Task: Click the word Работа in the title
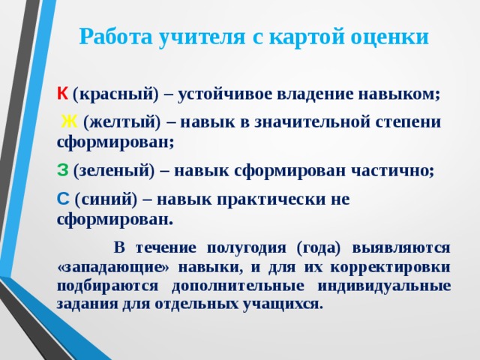(113, 37)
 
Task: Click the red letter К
(61, 94)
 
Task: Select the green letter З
(62, 170)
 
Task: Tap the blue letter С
(62, 199)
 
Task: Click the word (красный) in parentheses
(115, 94)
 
